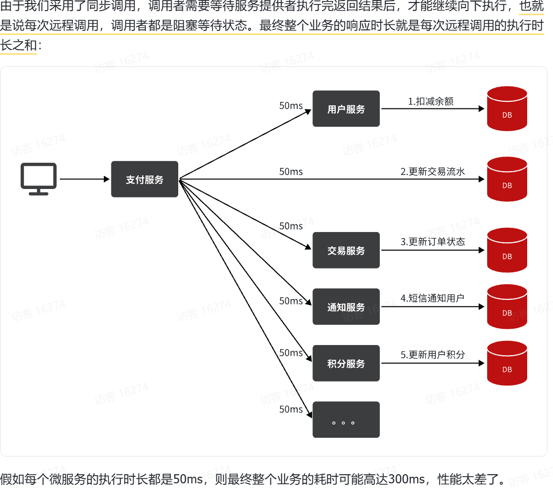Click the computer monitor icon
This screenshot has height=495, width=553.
[x=38, y=178]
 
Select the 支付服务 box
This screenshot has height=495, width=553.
[x=145, y=179]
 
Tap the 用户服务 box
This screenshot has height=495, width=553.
[x=346, y=108]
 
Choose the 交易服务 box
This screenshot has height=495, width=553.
[x=346, y=250]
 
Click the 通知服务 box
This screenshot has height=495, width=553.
[x=346, y=307]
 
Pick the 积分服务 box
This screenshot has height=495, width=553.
[x=346, y=363]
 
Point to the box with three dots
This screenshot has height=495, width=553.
[x=346, y=420]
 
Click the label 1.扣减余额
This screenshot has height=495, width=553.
[x=430, y=101]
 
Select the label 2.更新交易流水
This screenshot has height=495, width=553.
[x=433, y=171]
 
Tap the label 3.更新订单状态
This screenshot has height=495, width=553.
[x=433, y=242]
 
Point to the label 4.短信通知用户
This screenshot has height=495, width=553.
[x=432, y=298]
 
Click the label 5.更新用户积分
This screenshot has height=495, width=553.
[x=433, y=355]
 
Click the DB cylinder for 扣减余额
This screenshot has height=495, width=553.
[x=507, y=108]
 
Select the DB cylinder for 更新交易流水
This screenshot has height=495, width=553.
[x=507, y=179]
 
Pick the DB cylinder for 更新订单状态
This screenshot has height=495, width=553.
[x=507, y=250]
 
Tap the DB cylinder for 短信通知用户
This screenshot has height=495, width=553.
[x=507, y=307]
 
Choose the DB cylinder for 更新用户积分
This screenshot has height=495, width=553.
[x=507, y=363]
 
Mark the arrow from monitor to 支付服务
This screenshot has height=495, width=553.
[x=85, y=179]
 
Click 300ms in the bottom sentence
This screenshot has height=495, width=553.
[x=406, y=479]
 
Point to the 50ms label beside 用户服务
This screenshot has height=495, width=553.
[x=291, y=105]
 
